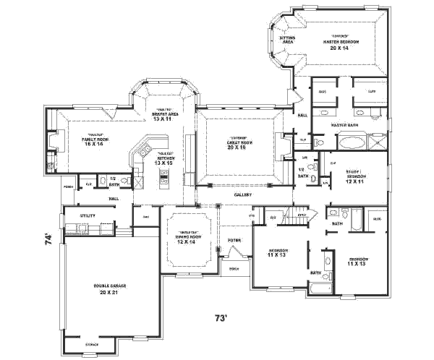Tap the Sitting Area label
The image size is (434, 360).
[286, 40]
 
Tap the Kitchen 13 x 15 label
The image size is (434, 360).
[163, 160]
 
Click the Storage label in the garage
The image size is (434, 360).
[92, 344]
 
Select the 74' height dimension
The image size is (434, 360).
[48, 236]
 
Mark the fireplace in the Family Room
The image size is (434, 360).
[51, 142]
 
